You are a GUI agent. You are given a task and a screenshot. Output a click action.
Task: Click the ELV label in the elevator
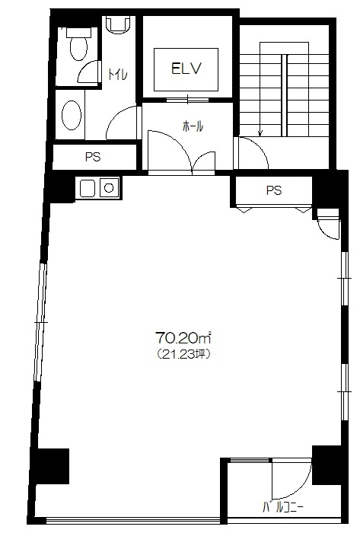pos(186,69)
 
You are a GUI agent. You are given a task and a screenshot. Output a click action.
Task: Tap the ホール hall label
pos(193,126)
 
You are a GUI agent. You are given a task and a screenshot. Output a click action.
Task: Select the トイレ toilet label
pos(118,74)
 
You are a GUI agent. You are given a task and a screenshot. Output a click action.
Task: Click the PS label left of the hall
pos(93,157)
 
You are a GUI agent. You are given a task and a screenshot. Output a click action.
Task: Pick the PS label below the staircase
pos(274,190)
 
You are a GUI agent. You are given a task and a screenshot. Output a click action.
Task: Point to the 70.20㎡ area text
pos(183,337)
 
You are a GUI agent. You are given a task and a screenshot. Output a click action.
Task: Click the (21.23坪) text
pos(183,355)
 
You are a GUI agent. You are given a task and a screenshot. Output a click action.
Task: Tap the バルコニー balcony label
pos(283,508)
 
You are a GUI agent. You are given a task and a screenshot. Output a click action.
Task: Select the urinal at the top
pos(118,25)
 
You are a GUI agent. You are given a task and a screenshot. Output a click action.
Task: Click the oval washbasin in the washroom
pos(72,115)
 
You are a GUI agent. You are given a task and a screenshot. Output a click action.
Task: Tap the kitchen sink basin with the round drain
pos(109,187)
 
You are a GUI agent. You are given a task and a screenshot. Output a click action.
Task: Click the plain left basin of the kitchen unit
pos(89,188)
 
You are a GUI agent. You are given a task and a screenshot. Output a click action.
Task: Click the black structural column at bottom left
pos(51,466)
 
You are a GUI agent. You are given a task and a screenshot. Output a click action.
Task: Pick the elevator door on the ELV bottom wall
pos(187,100)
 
